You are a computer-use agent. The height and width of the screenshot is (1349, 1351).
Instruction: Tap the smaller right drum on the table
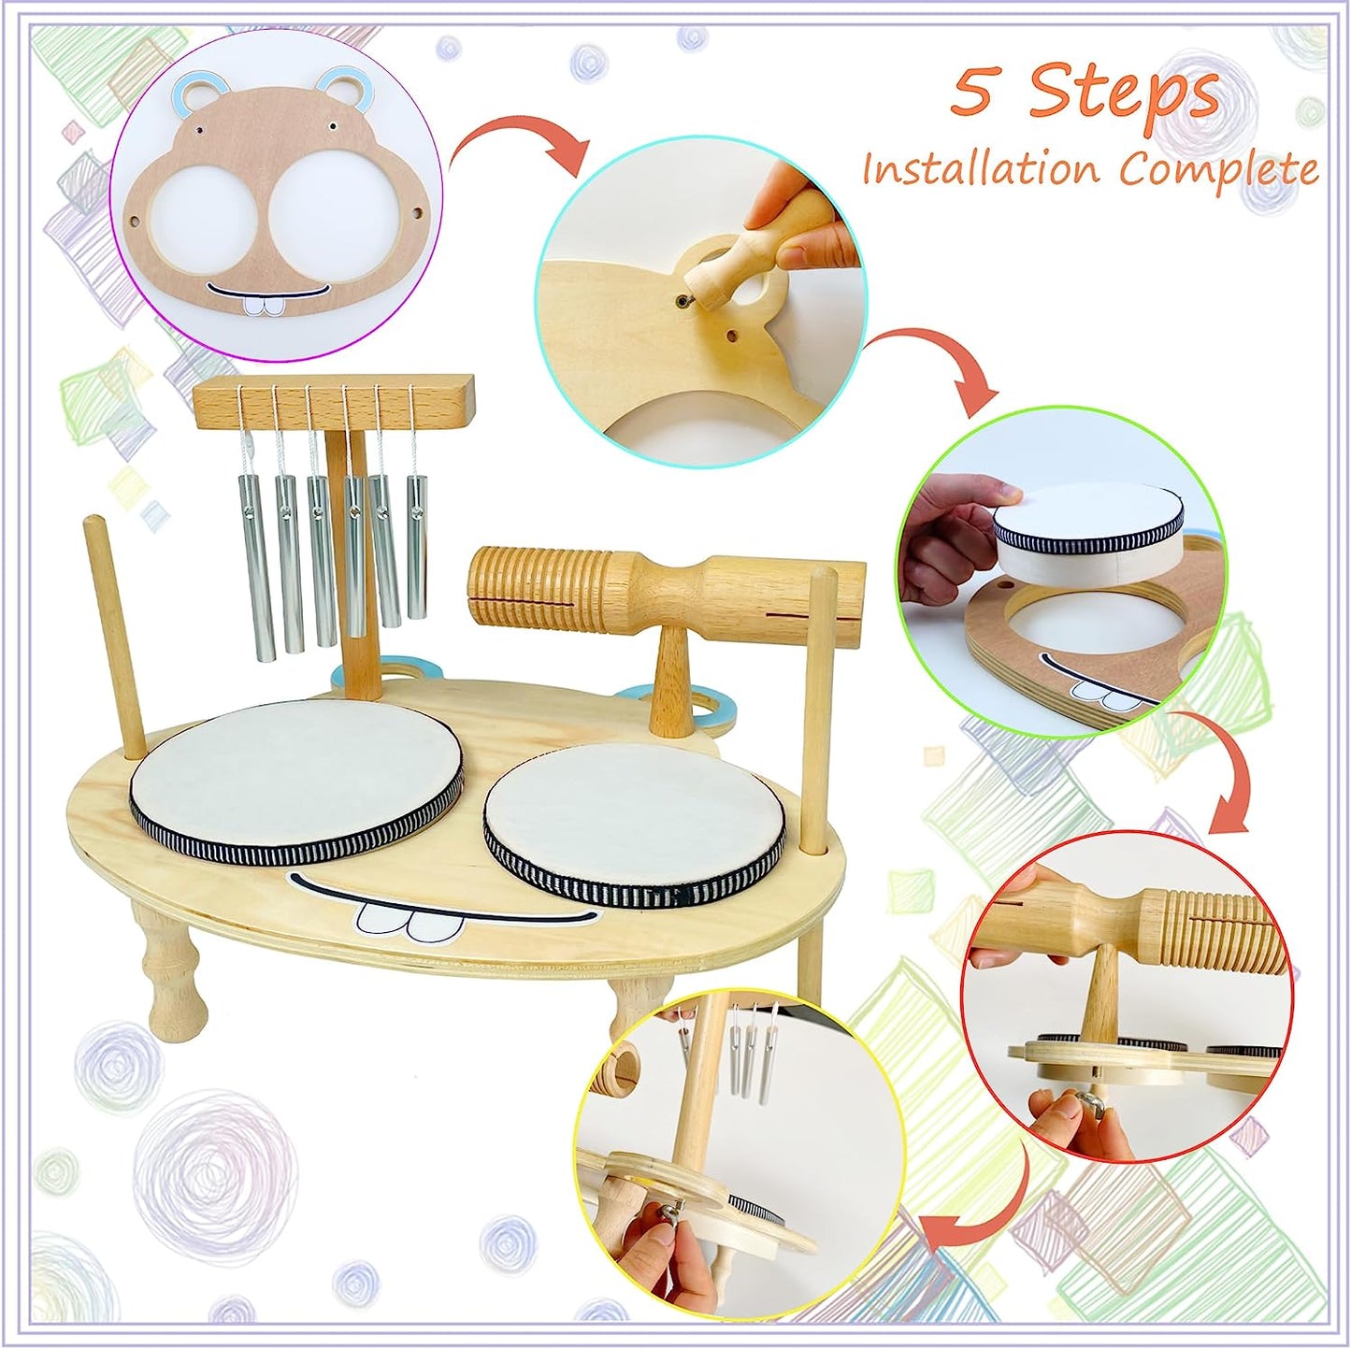pyautogui.click(x=635, y=823)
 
